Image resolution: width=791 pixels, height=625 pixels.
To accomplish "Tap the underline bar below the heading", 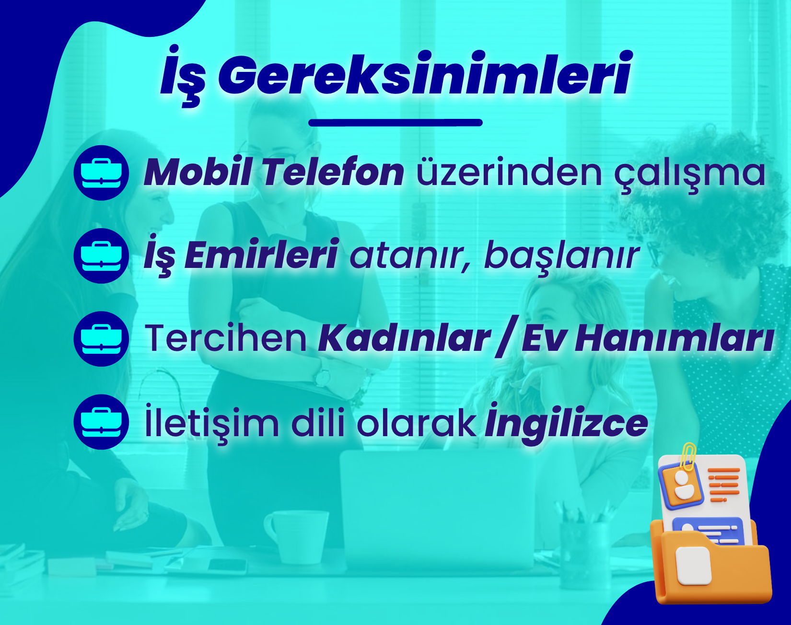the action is tap(395, 123).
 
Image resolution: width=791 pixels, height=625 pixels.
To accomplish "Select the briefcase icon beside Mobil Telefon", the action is tap(101, 173).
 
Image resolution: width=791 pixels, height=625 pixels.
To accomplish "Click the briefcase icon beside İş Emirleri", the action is tap(101, 256).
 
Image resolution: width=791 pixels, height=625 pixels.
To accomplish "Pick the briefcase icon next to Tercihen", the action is tap(101, 339).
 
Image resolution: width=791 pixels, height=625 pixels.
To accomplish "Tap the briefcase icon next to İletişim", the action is tap(101, 422).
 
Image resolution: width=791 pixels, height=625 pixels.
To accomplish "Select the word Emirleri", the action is tap(261, 255).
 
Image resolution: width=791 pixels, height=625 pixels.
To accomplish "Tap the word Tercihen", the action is tap(226, 338).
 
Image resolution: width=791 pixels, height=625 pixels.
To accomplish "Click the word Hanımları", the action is tap(675, 338).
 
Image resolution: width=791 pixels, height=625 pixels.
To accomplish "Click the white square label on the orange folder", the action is tap(693, 566).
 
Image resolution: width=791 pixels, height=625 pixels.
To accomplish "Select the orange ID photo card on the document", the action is tap(681, 486).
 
